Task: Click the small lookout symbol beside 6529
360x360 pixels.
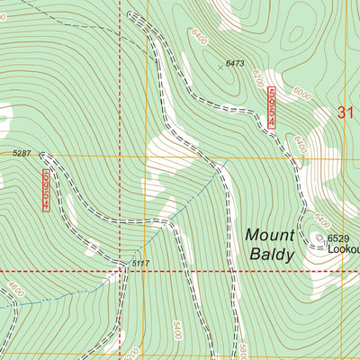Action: click(319, 238)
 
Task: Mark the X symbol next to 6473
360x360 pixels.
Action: click(220, 66)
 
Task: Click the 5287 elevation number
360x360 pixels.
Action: click(22, 154)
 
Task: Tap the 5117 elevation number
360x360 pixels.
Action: click(139, 264)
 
